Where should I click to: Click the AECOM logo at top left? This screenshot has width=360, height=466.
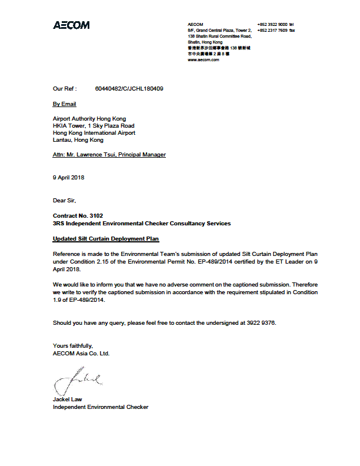click(x=71, y=25)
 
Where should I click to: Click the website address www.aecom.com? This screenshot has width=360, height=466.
click(x=204, y=59)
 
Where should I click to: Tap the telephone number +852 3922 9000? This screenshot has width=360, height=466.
click(x=272, y=24)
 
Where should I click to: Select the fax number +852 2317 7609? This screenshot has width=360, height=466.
click(x=272, y=30)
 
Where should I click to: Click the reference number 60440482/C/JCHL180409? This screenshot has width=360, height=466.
click(x=129, y=89)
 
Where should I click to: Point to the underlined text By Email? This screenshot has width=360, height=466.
click(x=65, y=104)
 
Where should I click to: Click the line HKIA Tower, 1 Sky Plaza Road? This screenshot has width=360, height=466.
click(x=94, y=126)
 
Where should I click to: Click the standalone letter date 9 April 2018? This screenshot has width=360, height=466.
click(x=69, y=178)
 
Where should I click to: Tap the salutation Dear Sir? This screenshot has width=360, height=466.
click(x=64, y=201)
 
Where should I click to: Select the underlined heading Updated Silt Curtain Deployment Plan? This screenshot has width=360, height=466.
click(x=106, y=239)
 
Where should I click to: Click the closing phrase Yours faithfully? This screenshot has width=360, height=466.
click(x=73, y=346)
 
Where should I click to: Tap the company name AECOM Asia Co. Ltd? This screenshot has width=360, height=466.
click(x=81, y=354)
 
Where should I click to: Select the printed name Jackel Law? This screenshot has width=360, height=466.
click(x=68, y=400)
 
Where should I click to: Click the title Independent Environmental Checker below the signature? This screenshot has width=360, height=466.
click(x=101, y=407)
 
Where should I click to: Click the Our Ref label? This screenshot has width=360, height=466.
click(x=64, y=89)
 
